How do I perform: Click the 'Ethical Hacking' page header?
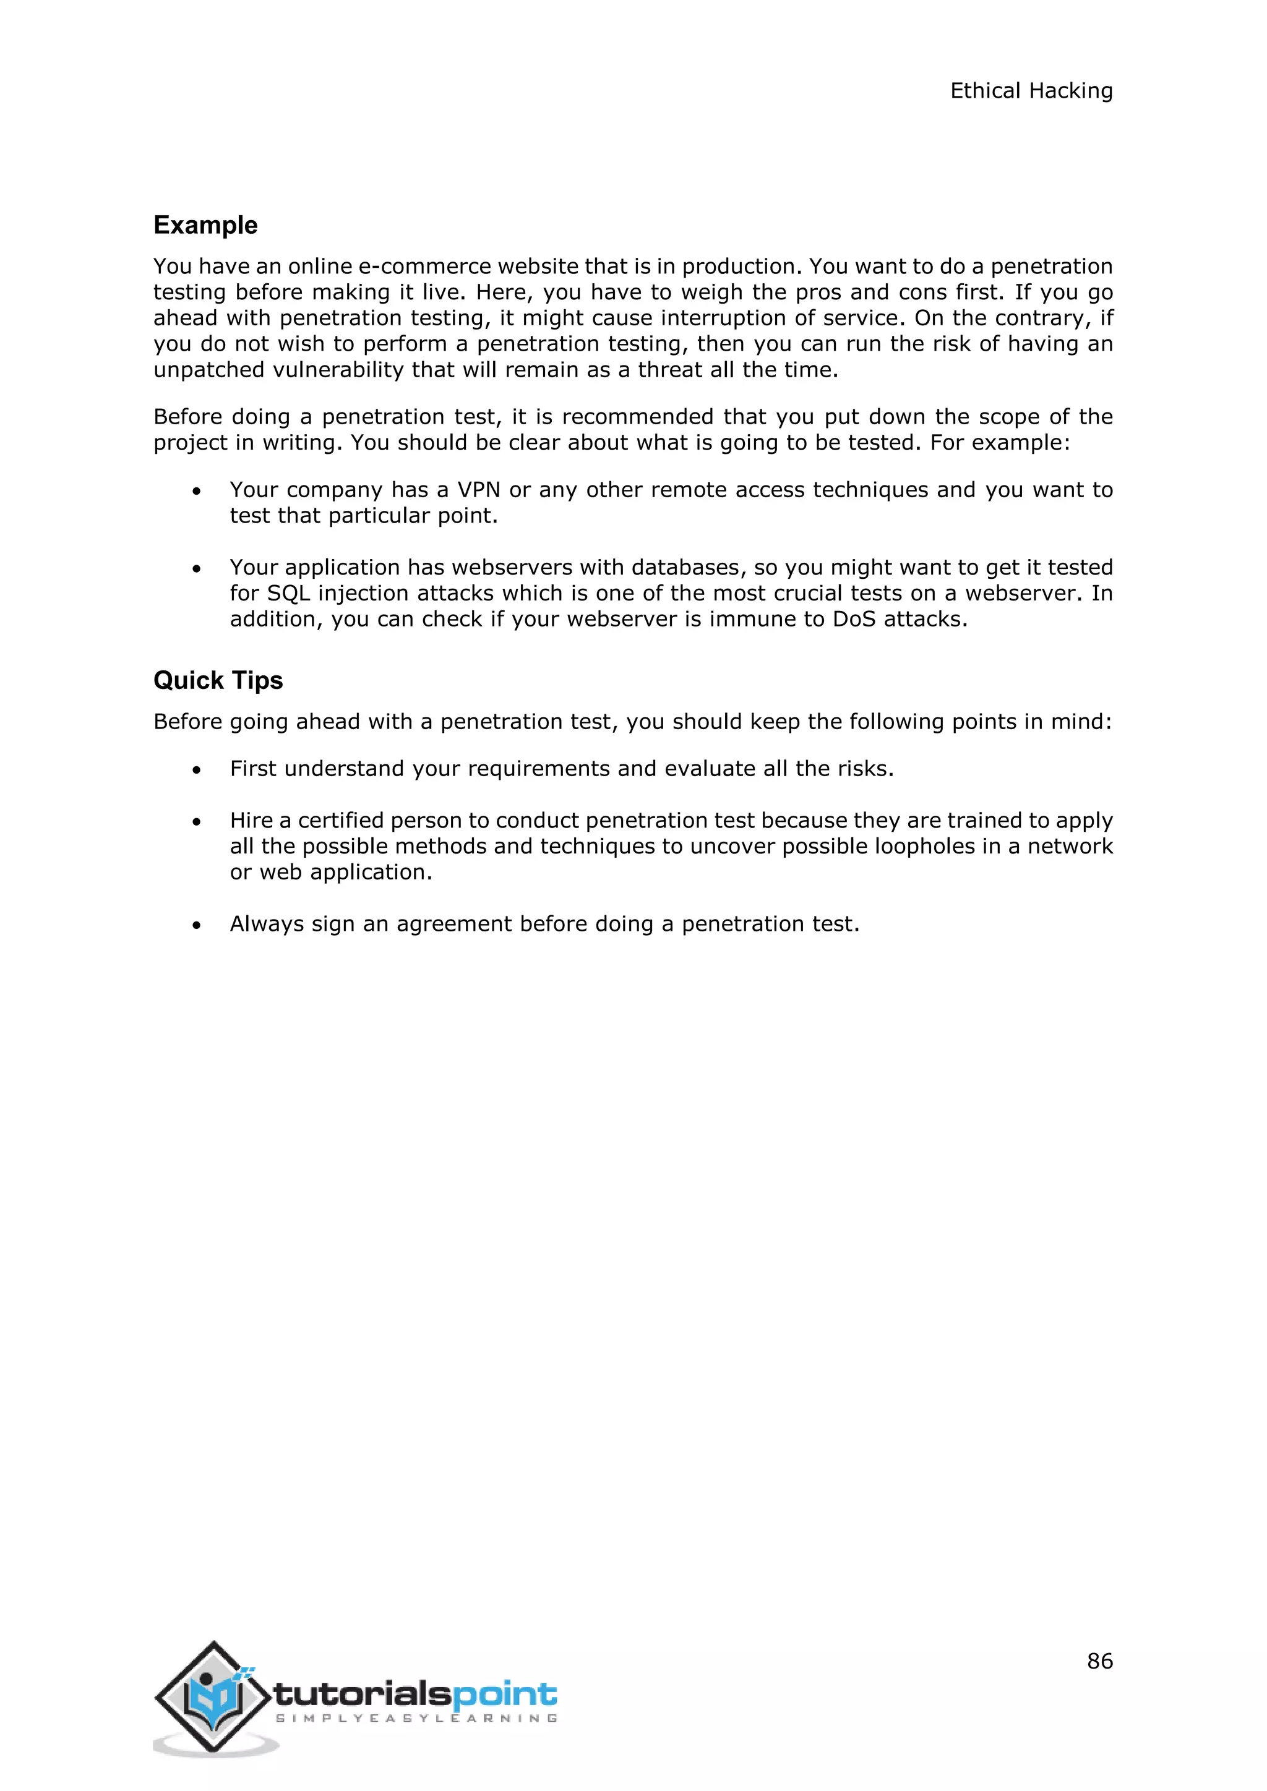pos(1031,92)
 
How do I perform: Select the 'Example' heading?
pos(205,226)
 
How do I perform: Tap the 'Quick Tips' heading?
pos(218,680)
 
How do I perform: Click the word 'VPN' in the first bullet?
pos(478,490)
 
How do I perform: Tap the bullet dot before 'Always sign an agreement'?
pos(197,926)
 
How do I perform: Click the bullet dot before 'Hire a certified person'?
pos(197,822)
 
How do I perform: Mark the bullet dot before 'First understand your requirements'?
pos(197,771)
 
